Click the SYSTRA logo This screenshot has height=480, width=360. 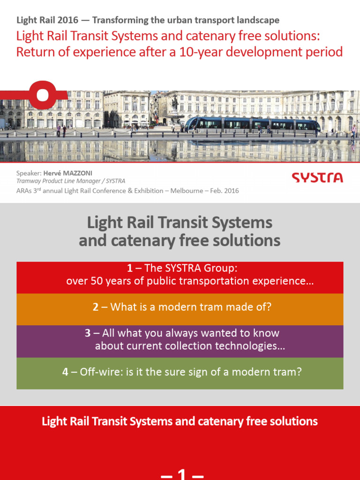point(317,178)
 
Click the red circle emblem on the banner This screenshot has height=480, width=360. point(43,95)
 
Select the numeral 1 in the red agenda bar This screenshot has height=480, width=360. point(129,268)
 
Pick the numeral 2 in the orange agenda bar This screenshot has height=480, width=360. point(96,307)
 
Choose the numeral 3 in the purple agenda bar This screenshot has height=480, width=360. point(88,333)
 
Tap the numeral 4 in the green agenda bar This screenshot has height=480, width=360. point(65,372)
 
